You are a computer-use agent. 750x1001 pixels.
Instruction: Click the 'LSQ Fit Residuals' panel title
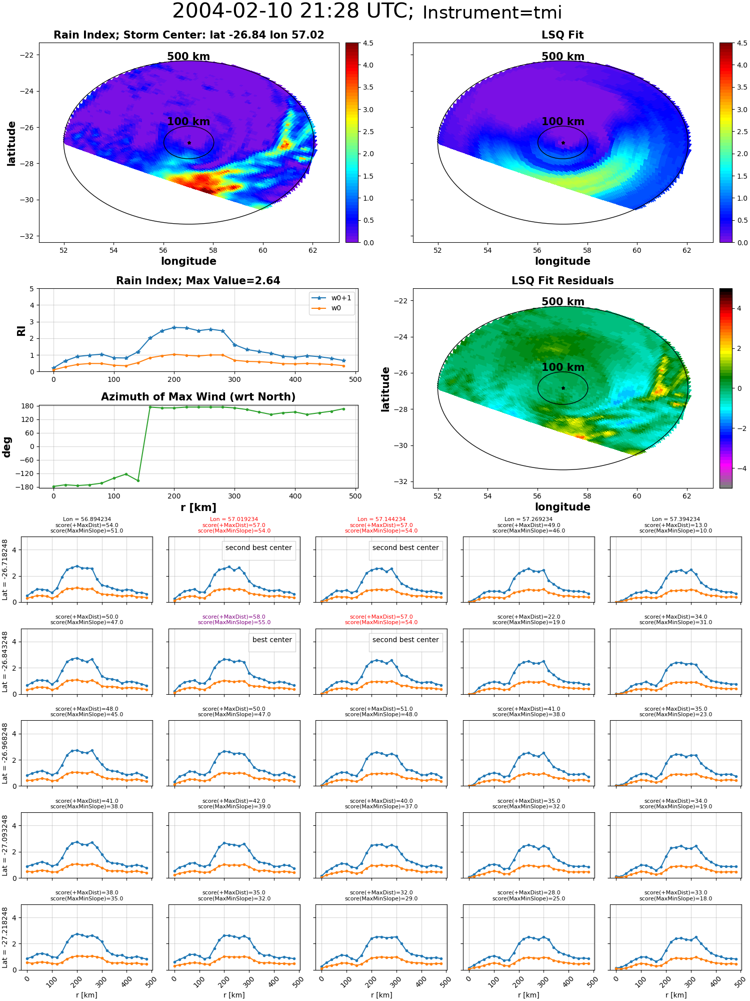coord(562,281)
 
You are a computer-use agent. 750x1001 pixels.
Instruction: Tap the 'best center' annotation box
coord(272,640)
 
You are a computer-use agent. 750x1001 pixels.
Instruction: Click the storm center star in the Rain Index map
coord(189,143)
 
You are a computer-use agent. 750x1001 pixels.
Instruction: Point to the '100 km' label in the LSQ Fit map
coord(563,122)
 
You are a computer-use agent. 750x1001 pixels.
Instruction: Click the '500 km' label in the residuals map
coord(563,302)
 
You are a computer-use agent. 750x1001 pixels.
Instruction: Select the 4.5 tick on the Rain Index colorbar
coord(368,43)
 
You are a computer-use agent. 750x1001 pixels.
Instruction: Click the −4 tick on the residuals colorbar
coord(739,468)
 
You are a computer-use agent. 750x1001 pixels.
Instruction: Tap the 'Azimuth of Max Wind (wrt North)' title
coord(198,397)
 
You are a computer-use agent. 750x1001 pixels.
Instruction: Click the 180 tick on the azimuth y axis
coord(28,406)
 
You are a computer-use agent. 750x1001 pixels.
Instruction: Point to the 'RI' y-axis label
coord(21,330)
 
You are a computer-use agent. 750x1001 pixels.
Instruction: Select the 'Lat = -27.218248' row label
coord(5,937)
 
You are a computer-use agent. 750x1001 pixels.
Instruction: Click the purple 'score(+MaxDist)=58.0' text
coord(234,617)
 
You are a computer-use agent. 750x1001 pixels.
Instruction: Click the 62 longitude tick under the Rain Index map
coord(312,250)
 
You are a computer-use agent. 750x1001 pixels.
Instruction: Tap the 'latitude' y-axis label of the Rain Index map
coord(11,143)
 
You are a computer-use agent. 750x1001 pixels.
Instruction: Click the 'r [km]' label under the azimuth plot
coord(198,508)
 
